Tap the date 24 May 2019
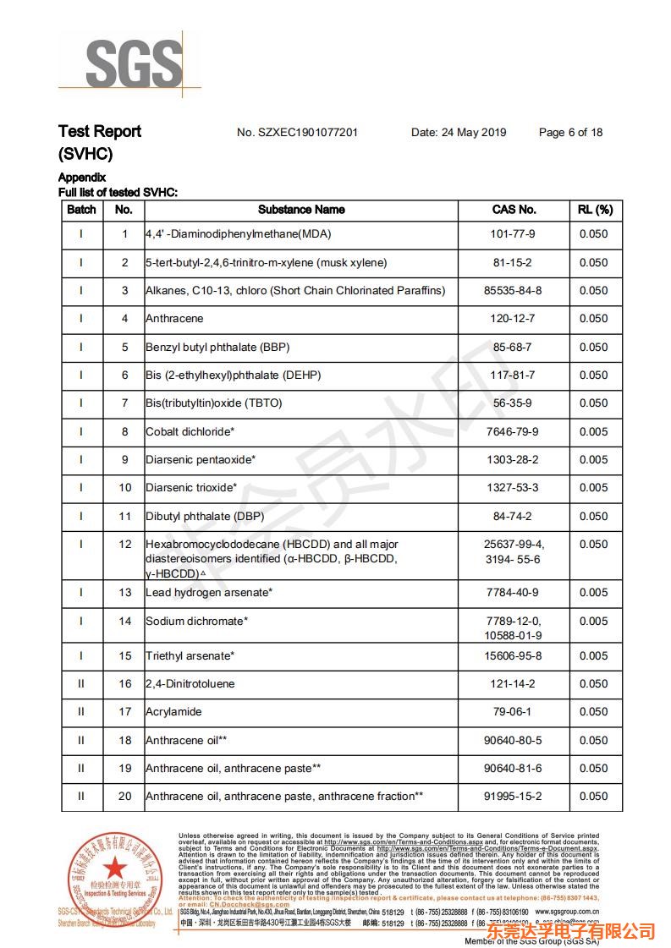(x=459, y=132)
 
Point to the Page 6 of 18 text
(x=570, y=132)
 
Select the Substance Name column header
(x=301, y=210)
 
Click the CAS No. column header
(x=514, y=210)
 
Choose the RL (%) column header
(x=594, y=210)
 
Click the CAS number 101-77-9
(x=514, y=234)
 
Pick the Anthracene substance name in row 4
(x=174, y=319)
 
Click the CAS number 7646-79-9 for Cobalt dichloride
(x=514, y=431)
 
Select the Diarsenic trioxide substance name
(x=191, y=488)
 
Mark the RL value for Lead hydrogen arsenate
(x=594, y=592)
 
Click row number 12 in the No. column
(x=125, y=545)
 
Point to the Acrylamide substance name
(x=173, y=712)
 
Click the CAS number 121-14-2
(x=514, y=683)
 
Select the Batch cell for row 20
(x=81, y=797)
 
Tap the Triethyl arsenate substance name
(x=190, y=655)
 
